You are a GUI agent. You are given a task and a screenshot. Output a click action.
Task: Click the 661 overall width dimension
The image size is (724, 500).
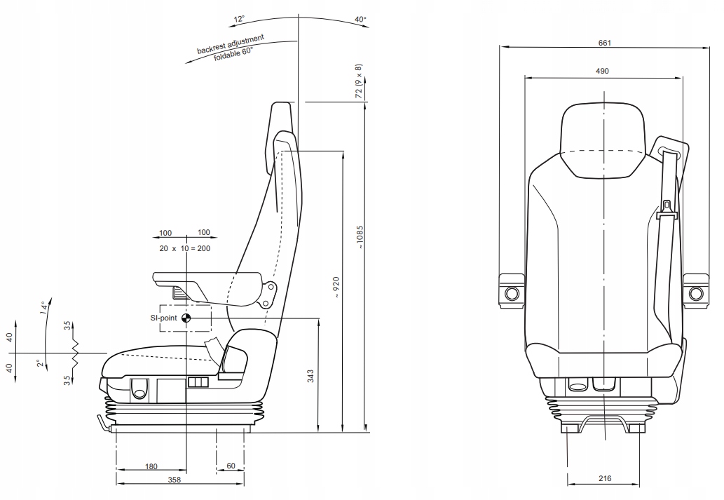tap(605, 42)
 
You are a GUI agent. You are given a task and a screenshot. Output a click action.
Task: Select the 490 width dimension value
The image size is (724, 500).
tap(602, 71)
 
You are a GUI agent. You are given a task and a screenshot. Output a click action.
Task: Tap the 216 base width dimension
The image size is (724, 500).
tap(605, 478)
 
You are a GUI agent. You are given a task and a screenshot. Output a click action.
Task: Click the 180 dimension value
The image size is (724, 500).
tap(151, 466)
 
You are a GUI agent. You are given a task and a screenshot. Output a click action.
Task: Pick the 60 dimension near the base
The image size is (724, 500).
tap(231, 466)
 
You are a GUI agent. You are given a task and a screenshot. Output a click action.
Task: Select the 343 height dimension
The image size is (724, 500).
tap(311, 377)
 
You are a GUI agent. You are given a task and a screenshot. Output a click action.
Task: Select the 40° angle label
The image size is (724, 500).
tap(361, 20)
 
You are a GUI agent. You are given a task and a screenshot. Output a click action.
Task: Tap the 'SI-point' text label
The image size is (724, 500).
tap(164, 318)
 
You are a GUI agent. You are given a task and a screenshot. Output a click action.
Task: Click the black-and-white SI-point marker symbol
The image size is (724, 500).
tap(186, 318)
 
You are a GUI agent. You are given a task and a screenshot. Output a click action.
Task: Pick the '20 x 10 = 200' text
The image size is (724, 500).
tap(185, 248)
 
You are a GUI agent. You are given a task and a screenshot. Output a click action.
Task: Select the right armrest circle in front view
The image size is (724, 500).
tap(695, 292)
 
